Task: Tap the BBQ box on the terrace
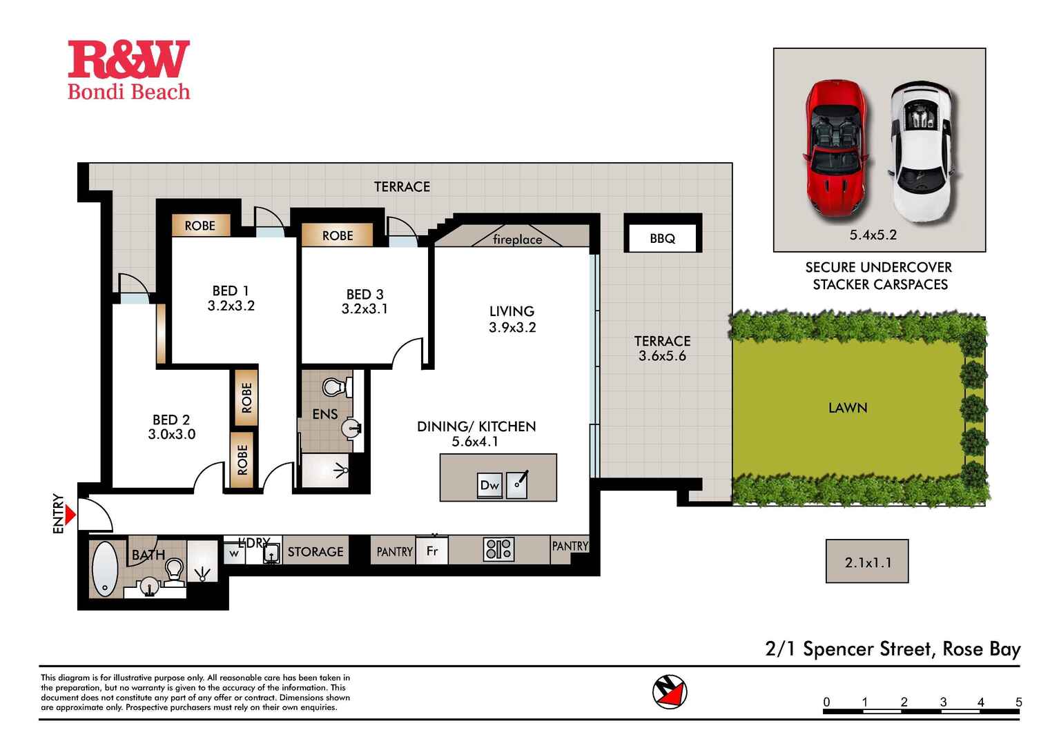662,238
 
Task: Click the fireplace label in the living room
517,239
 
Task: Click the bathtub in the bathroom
105,569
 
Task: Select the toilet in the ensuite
336,387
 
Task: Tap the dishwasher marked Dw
489,485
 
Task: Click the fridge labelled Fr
432,551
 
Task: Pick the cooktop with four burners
498,549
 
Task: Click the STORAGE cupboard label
315,551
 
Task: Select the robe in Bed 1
200,226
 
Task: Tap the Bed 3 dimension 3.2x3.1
365,308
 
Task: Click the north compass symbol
670,691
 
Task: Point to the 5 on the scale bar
1018,702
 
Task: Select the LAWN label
848,408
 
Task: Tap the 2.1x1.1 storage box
867,562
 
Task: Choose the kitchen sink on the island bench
517,484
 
